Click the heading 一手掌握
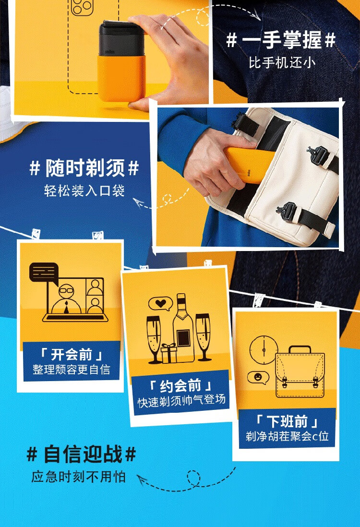click(x=282, y=40)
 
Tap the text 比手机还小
click(x=282, y=63)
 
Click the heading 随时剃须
click(x=85, y=168)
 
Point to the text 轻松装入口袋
click(x=84, y=191)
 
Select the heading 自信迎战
click(x=83, y=455)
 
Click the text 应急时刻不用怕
click(x=78, y=477)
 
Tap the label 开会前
click(x=71, y=354)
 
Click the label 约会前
click(x=180, y=386)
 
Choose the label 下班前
click(x=287, y=421)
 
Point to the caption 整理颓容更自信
click(x=71, y=370)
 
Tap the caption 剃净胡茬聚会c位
click(x=287, y=436)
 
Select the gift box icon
click(x=169, y=353)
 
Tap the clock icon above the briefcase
click(x=264, y=350)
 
